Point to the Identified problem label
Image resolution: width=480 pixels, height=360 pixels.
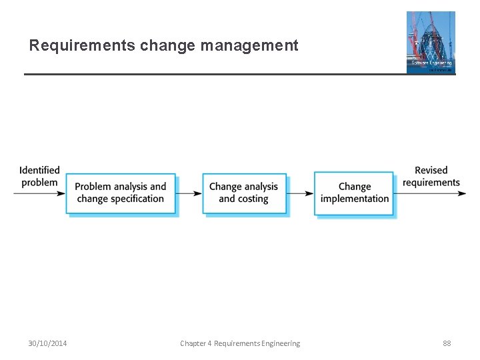pos(39,177)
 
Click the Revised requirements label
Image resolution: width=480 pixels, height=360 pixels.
pos(431,177)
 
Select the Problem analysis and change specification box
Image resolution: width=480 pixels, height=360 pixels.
pos(121,193)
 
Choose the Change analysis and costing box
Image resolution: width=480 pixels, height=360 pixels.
pos(244,193)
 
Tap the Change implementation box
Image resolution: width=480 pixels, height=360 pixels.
pos(354,193)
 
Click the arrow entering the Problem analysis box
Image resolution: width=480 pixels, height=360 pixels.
pos(40,193)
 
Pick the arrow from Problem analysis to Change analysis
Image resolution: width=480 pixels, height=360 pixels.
pos(189,193)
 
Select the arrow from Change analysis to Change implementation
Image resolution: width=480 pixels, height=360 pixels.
pos(301,193)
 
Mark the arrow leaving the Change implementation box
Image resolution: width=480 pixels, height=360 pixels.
pos(430,193)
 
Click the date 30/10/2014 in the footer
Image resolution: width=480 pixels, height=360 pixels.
pos(47,343)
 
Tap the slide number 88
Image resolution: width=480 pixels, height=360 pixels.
pos(447,343)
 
